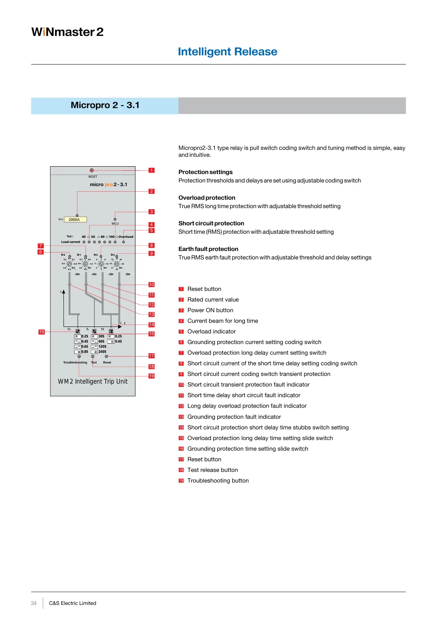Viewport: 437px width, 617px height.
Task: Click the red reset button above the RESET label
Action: click(x=92, y=170)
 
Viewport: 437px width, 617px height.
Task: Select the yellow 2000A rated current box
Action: click(x=75, y=220)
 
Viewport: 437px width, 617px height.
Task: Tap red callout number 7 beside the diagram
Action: click(x=41, y=246)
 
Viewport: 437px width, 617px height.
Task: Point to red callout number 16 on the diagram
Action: click(x=41, y=332)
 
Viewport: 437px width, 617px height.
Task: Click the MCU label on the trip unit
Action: click(x=115, y=223)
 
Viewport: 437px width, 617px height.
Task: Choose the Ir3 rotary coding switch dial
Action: click(x=117, y=264)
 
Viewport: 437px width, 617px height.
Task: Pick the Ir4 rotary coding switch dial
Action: click(x=69, y=264)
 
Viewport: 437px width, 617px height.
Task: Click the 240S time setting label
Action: click(x=102, y=352)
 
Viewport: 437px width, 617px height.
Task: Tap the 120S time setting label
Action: click(x=102, y=347)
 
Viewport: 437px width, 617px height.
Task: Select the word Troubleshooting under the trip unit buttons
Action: click(x=75, y=363)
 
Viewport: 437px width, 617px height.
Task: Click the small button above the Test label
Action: click(x=92, y=356)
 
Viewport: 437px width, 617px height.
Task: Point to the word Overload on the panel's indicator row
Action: click(x=126, y=237)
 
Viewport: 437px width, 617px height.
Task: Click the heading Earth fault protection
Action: click(x=208, y=249)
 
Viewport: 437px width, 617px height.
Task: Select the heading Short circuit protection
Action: click(x=211, y=223)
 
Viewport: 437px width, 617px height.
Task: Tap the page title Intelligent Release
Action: click(x=227, y=52)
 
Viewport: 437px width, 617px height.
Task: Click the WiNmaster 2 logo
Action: click(x=68, y=32)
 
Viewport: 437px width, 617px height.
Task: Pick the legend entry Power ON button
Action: click(x=210, y=310)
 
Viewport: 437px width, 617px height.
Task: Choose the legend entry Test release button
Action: click(x=212, y=470)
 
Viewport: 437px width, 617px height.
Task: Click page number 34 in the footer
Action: click(x=34, y=603)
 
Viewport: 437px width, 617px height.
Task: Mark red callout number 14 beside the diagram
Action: click(x=152, y=325)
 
